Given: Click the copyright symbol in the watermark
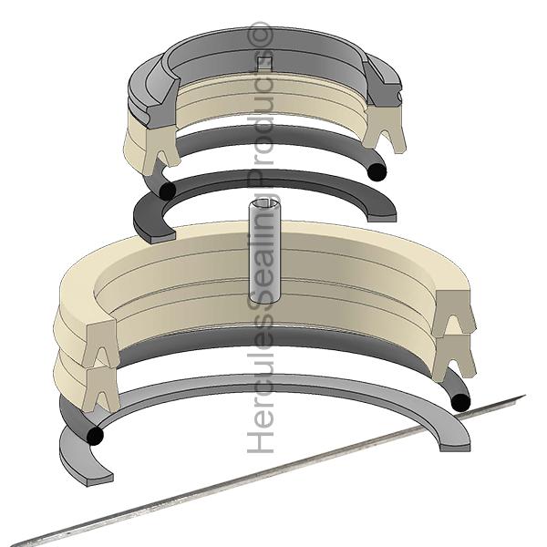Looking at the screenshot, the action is [260, 35].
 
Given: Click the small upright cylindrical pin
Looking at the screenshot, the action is [264, 251].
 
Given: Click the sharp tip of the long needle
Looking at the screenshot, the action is [523, 396].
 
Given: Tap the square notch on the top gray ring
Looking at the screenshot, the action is [264, 62].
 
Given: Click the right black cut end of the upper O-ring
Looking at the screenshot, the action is [377, 172].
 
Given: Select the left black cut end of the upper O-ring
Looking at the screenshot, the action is [167, 191].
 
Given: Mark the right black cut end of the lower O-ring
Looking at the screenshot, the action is [460, 403].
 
